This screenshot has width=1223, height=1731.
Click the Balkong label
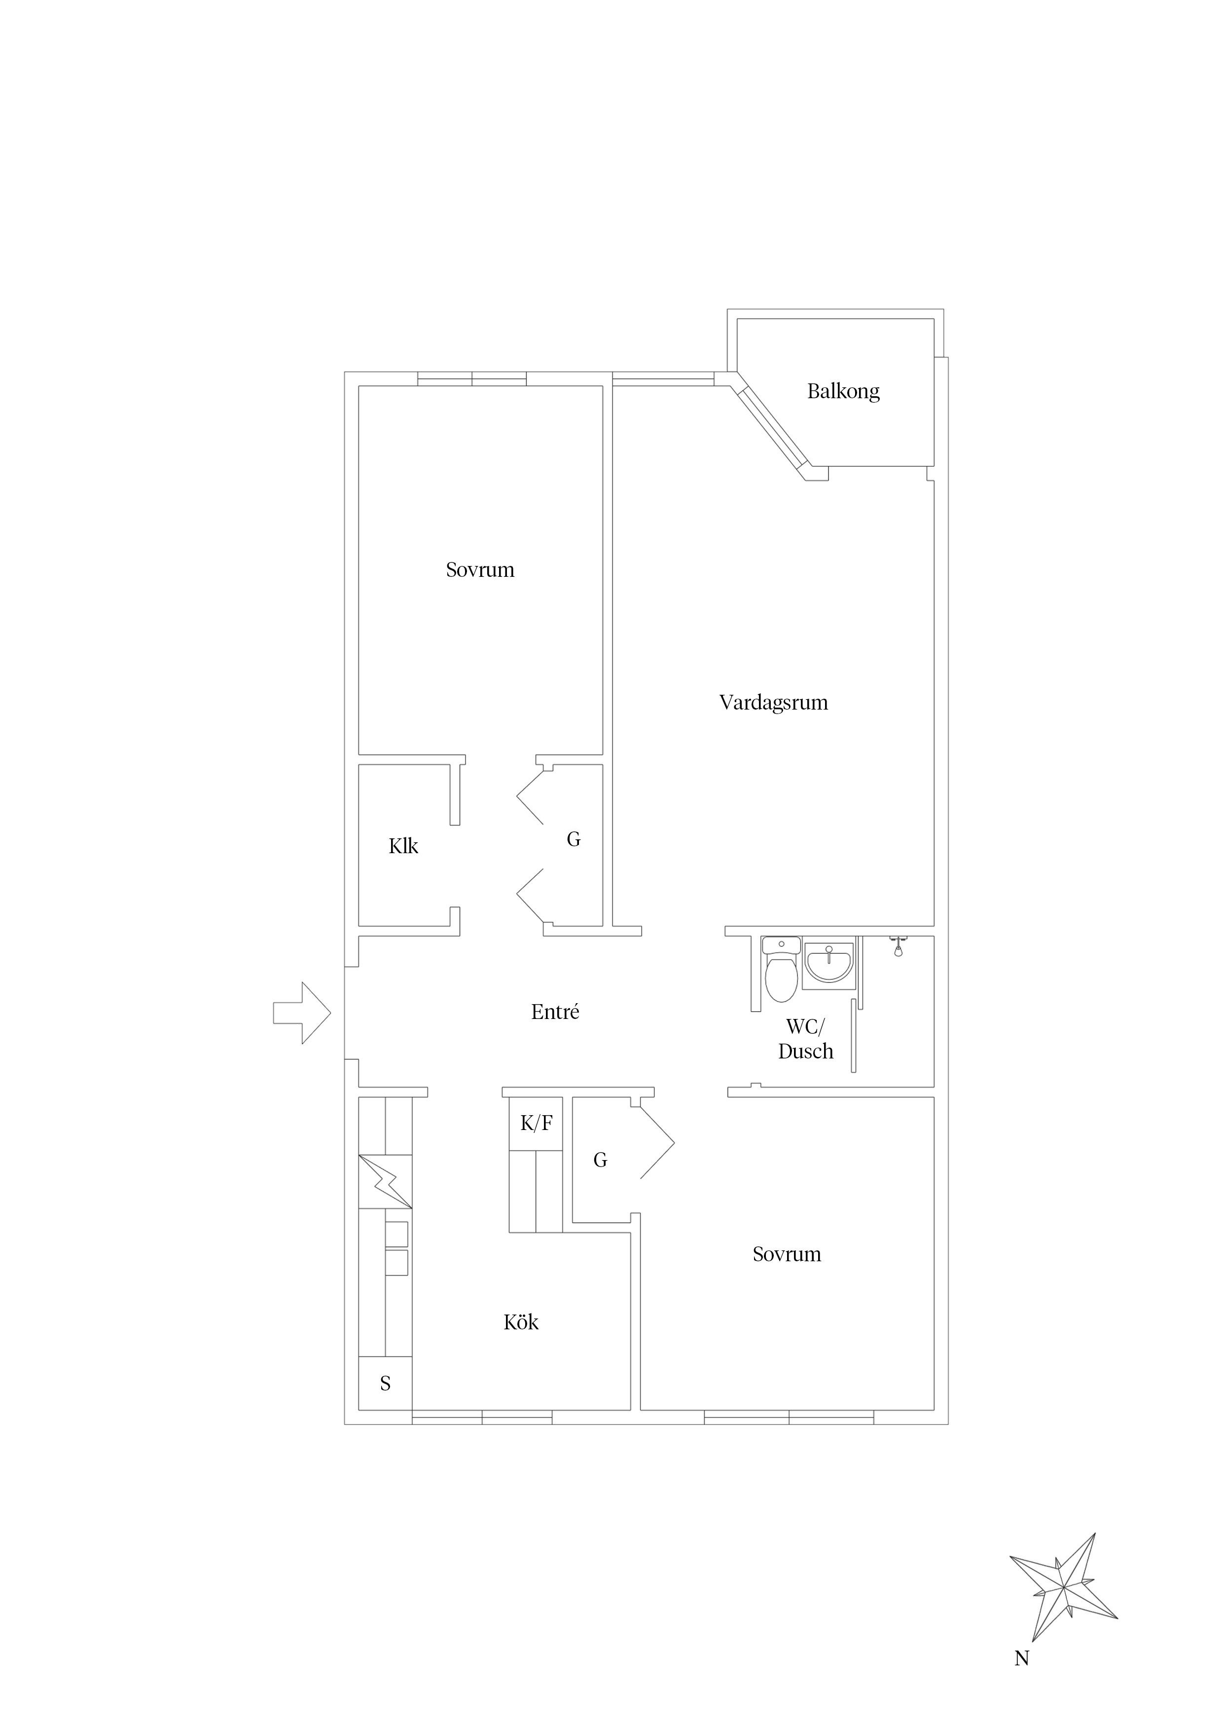pos(843,391)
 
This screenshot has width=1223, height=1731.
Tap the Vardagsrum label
pos(774,703)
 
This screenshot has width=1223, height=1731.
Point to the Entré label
pos(555,1012)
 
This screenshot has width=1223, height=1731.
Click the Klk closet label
pos(403,846)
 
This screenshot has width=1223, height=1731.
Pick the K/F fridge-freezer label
pos(537,1124)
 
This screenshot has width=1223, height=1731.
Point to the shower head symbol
pos(898,945)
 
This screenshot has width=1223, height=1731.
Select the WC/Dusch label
pos(805,1039)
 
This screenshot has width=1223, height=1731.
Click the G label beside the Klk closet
pos(574,839)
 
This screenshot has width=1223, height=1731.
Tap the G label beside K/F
pos(600,1160)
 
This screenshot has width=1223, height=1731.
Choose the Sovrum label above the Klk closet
pos(480,570)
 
